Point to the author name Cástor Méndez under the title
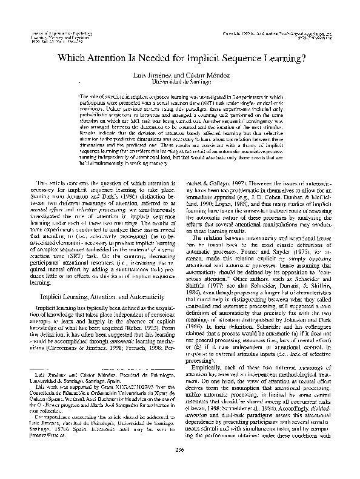(x=207, y=73)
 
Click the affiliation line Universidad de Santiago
(x=180, y=80)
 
